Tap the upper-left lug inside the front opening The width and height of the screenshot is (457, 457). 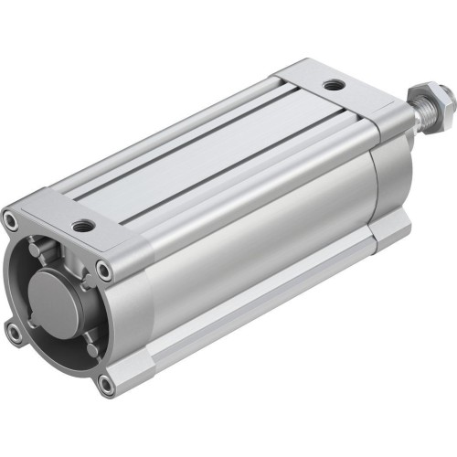36,248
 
